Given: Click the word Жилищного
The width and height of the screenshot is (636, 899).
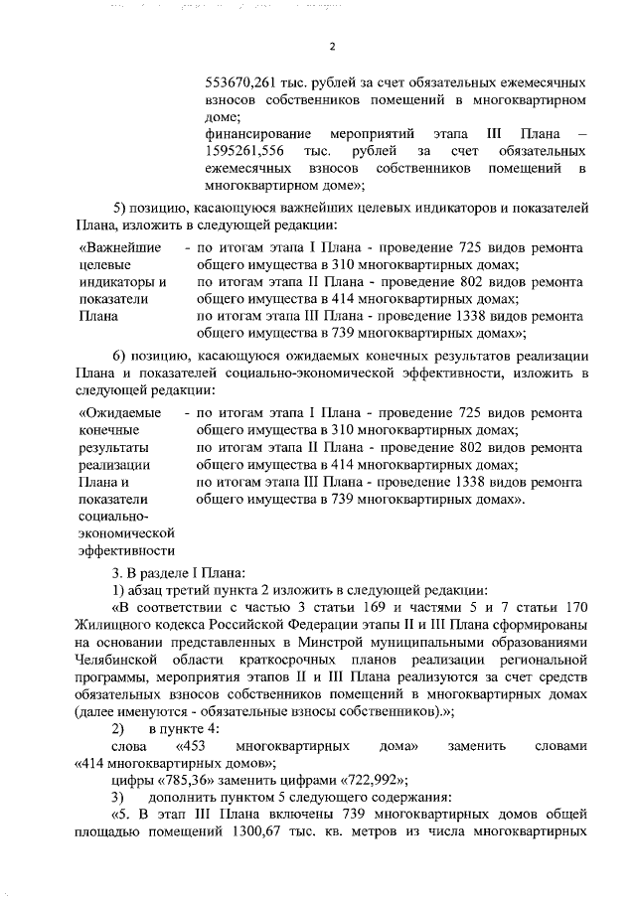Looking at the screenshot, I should coord(110,625).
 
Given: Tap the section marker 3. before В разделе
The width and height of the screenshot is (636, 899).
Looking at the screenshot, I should coord(116,571).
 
